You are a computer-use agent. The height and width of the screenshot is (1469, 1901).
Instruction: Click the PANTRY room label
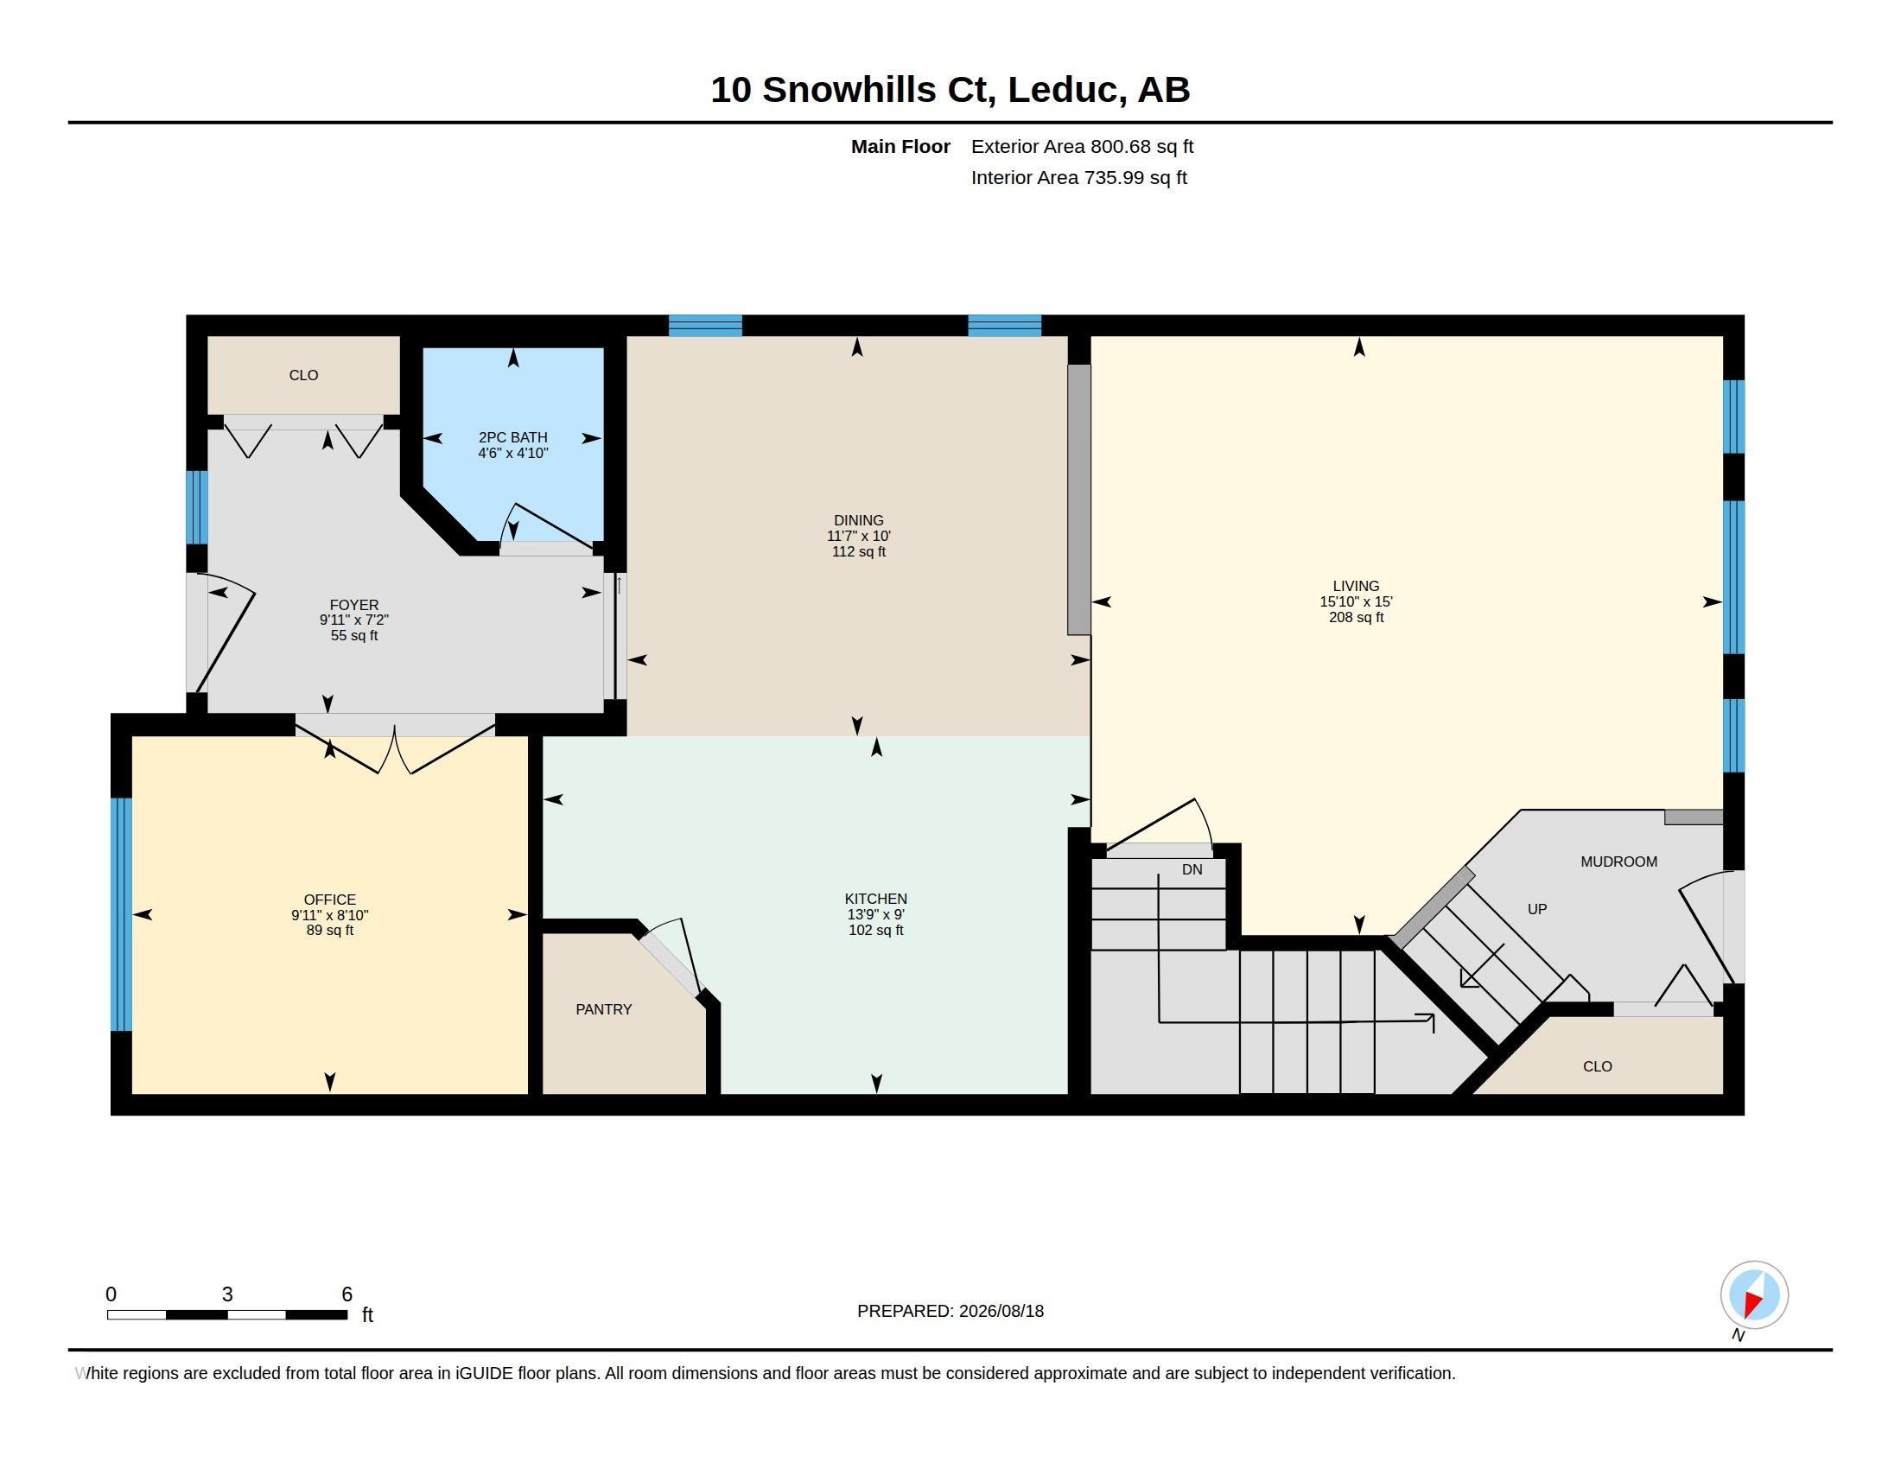(603, 1009)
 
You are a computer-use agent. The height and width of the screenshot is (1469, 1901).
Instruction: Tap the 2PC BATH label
(512, 437)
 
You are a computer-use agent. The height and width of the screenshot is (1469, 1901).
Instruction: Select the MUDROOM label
(1619, 862)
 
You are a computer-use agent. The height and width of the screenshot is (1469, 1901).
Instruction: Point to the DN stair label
(1192, 869)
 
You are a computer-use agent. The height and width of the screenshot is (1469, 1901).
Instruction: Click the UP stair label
(1537, 909)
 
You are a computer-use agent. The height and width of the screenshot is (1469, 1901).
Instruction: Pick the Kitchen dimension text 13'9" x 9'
(875, 914)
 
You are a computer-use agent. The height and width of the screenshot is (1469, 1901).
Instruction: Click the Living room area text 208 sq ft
(1356, 617)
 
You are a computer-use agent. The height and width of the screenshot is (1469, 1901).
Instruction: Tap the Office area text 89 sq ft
(330, 931)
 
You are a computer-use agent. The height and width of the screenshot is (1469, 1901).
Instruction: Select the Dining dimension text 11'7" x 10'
(858, 536)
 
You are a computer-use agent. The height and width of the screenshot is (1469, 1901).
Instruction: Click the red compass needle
(1753, 1304)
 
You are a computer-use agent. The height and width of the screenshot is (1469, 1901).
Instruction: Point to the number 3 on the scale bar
(227, 1294)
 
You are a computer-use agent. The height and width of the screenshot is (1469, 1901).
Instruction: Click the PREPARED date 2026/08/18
(1001, 1311)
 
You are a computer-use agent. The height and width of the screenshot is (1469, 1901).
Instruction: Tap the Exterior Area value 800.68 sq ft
(1142, 146)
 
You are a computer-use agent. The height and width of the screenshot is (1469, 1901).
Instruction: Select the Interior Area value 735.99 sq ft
(1135, 177)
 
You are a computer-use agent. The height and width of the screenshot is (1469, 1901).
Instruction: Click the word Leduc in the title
(1063, 90)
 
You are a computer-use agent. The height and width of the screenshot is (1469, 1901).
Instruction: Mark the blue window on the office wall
(121, 913)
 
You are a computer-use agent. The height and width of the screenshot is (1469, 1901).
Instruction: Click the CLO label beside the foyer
(303, 375)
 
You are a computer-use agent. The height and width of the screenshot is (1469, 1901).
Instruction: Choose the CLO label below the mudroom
(1597, 1066)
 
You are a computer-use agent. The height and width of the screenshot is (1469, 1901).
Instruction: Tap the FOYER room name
(354, 605)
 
